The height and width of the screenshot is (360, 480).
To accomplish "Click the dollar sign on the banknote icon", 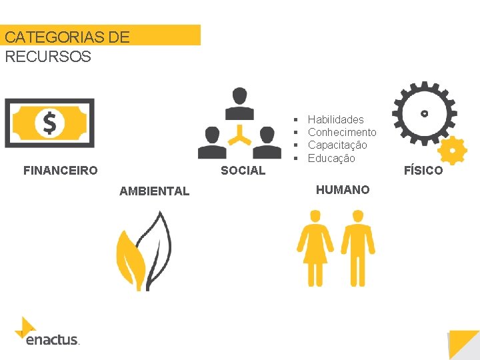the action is coord(49,123).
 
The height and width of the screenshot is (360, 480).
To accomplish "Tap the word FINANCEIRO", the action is coord(60,171).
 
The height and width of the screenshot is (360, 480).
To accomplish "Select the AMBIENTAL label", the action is coord(154,191).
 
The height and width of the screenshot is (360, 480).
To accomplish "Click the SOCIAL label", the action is coord(243,171).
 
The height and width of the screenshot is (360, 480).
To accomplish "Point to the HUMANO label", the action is coord(342,190).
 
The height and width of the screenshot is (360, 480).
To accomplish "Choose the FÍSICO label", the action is coord(423,171).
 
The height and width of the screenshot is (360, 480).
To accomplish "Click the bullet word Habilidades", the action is coord(335,119).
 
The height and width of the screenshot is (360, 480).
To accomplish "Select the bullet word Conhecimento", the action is coord(341,132).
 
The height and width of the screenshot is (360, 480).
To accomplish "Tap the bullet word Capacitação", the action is coord(337,145).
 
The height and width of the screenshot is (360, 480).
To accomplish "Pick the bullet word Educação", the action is coord(331,158).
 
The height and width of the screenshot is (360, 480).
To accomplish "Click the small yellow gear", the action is coord(453,151).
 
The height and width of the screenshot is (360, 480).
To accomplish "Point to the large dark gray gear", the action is coord(423,111).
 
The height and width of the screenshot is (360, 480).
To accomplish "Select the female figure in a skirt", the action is coord(315,247).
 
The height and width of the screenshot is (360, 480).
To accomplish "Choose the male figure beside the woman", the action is coord(358,247).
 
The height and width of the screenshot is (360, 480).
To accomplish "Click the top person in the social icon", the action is coord(239,103).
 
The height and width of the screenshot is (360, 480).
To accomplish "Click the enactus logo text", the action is coord(52,340).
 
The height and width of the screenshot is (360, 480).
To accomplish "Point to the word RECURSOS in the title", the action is coord(47,56).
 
